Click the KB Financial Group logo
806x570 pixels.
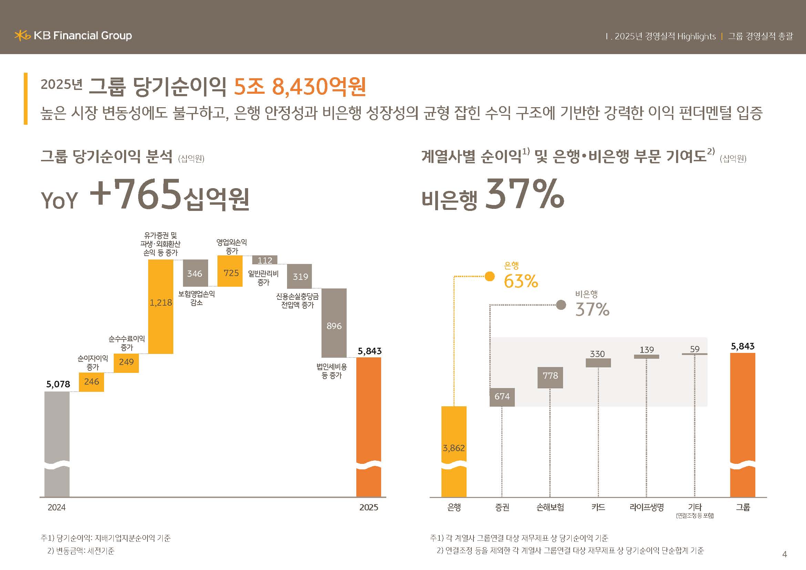click(73, 35)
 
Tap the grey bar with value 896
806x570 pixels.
click(334, 323)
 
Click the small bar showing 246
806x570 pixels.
click(91, 382)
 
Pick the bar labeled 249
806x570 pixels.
click(126, 363)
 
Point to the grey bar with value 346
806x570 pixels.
click(195, 273)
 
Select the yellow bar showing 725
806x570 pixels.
click(230, 271)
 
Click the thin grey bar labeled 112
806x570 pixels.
click(265, 260)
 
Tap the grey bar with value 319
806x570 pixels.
click(299, 276)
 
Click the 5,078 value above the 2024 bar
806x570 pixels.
click(58, 384)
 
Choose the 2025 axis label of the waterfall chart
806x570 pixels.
click(369, 507)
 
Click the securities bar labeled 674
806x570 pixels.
click(502, 397)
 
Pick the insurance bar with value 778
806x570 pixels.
click(550, 378)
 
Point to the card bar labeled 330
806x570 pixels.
click(598, 363)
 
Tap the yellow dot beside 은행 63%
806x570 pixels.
click(490, 277)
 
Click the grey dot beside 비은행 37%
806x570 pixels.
click(561, 305)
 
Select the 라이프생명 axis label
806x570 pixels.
click(646, 507)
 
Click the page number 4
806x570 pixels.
click(785, 554)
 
